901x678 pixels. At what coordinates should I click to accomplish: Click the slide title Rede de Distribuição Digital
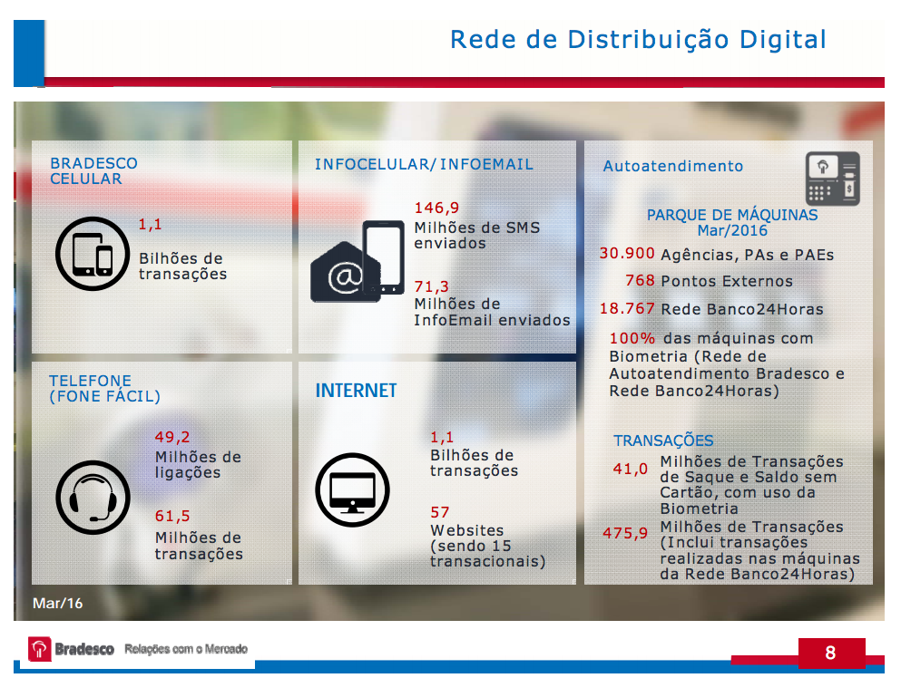coord(638,40)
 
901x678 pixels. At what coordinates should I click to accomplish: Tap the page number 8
coord(830,653)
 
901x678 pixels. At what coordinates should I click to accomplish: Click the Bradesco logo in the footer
coord(71,649)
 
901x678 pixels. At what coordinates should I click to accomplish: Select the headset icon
coord(86,497)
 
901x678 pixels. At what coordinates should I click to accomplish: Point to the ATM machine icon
coord(832,179)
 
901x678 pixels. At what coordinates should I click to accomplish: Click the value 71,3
coord(431,287)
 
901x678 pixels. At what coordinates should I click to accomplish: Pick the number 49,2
coord(172,437)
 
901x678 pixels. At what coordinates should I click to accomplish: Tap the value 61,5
coord(172,517)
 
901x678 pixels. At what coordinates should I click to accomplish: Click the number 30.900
coord(627,254)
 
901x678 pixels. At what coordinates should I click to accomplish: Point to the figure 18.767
coord(627,308)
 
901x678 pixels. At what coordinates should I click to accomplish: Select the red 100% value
coord(632,338)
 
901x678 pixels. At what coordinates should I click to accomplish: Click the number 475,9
coord(625,533)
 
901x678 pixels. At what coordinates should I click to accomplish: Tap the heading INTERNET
coord(356,391)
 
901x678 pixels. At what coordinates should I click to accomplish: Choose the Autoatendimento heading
coord(672,166)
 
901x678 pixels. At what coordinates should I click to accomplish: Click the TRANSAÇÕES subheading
coord(663,441)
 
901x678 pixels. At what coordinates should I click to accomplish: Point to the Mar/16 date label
coord(57,603)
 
